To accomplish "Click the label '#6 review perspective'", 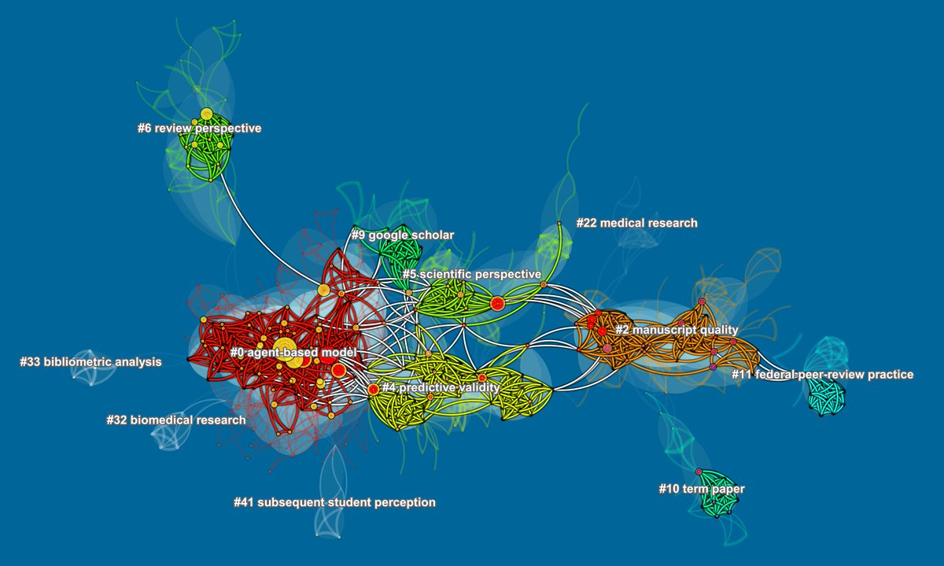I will click(199, 128).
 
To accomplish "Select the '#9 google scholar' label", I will click(402, 235).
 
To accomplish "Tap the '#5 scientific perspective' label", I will click(471, 274).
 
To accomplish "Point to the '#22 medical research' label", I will click(636, 223).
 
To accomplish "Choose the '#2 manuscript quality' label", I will click(677, 329).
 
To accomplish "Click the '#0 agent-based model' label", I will click(293, 352).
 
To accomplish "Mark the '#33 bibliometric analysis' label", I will click(90, 362).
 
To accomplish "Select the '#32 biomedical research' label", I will click(175, 420).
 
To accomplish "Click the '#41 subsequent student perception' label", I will click(334, 501).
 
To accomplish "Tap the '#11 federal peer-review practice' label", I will click(822, 374).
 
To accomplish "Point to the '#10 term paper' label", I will click(701, 489).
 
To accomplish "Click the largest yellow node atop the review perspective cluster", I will click(206, 113).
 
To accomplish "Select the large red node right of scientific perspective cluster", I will click(496, 303).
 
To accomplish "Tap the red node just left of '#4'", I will click(373, 389).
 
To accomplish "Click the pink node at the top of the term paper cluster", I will click(699, 472).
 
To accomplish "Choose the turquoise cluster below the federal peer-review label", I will click(826, 398).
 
